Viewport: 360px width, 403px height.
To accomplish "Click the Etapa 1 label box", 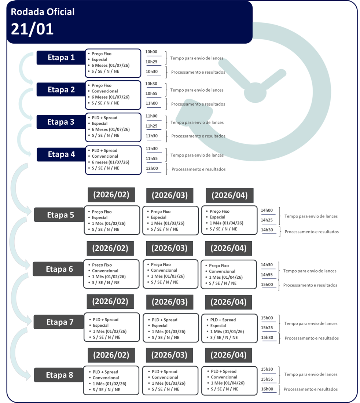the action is pyautogui.click(x=61, y=57).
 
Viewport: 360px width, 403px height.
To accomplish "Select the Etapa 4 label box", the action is pyautogui.click(x=61, y=154).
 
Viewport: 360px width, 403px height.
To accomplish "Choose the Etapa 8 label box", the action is pyautogui.click(x=59, y=375).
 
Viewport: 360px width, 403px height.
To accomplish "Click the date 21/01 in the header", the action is pyautogui.click(x=32, y=29).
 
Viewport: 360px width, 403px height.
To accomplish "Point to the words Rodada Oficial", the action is pyautogui.click(x=43, y=12).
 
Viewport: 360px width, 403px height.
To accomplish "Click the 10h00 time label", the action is pyautogui.click(x=151, y=52).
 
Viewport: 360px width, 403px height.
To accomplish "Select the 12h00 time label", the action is pyautogui.click(x=152, y=168).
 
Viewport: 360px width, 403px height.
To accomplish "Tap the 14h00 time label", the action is pyautogui.click(x=267, y=210).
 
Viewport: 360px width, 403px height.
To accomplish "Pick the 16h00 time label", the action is pyautogui.click(x=267, y=389).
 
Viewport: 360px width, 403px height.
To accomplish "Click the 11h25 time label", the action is pyautogui.click(x=152, y=126).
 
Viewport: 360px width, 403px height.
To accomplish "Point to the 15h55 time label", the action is pyautogui.click(x=267, y=379).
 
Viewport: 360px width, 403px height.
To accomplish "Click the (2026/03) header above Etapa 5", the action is pyautogui.click(x=170, y=195).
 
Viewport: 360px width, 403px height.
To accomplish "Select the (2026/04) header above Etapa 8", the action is pyautogui.click(x=228, y=355).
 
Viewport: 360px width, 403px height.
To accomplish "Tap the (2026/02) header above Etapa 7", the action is pyautogui.click(x=110, y=301).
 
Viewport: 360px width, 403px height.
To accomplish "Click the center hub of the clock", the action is pyautogui.click(x=255, y=92).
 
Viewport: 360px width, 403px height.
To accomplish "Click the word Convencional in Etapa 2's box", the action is pyautogui.click(x=105, y=91).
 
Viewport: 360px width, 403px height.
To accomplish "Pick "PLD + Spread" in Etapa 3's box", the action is pyautogui.click(x=104, y=118).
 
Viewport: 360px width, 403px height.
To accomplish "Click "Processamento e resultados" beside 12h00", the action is pyautogui.click(x=199, y=169).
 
